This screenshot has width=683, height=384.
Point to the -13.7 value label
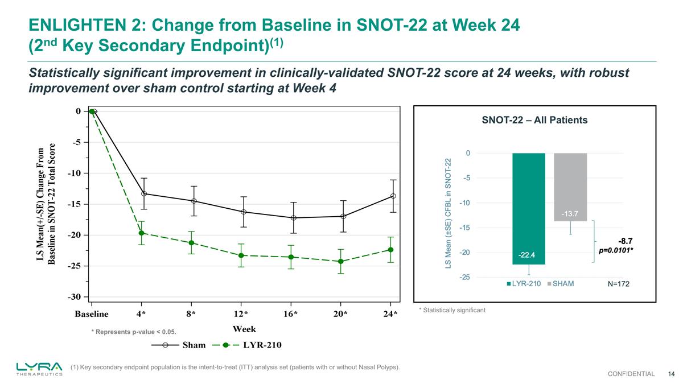pos(570,214)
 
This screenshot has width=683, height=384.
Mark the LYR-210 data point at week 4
pos(141,233)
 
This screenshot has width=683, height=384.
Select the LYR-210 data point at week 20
pos(340,262)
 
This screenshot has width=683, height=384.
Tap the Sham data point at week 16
pos(293,218)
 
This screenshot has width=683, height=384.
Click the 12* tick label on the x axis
pos(241,314)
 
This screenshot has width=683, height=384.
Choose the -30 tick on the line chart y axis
pos(75,297)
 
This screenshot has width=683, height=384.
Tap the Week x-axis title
pos(244,329)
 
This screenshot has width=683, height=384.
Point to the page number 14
pos(671,374)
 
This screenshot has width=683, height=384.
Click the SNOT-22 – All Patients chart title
pos(534,120)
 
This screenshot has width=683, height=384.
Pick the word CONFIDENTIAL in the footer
pos(631,374)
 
